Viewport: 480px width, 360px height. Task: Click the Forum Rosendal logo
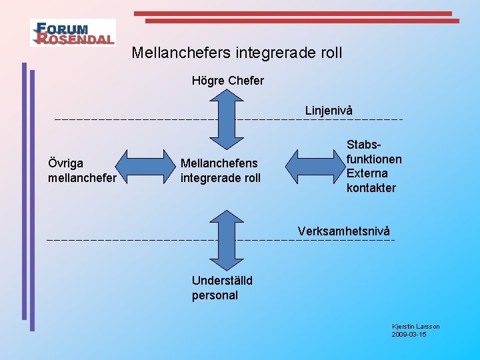tap(73, 32)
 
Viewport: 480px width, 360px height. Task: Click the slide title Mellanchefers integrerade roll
tap(237, 52)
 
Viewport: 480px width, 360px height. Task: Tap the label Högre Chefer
tap(228, 81)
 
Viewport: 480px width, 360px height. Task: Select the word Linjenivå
tap(329, 110)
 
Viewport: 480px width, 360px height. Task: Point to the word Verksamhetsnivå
tap(344, 231)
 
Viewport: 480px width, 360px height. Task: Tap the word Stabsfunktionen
tap(374, 151)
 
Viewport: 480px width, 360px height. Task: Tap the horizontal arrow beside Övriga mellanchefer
tap(145, 165)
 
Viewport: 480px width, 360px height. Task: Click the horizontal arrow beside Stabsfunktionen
tap(314, 165)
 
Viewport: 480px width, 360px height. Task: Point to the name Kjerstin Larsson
tap(416, 326)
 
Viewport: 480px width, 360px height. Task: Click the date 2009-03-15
tap(409, 334)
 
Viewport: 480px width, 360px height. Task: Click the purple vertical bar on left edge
tap(31, 200)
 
